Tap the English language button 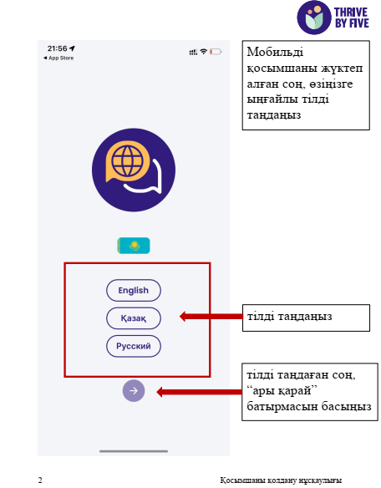point(134,290)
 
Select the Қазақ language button point(134,318)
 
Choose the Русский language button point(134,346)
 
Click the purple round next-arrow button point(134,390)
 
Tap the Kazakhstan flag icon point(134,246)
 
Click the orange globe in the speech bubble point(128,161)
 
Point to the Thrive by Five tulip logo point(314,18)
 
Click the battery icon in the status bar point(216,52)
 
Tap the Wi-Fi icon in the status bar point(204,52)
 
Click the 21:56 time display point(58,48)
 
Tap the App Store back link point(58,58)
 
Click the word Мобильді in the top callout point(275,52)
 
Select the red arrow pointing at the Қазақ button point(211,317)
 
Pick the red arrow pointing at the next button point(199,392)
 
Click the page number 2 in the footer point(40,480)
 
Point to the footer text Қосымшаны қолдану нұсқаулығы point(281,480)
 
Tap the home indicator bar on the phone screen point(134,451)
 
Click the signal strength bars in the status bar point(193,52)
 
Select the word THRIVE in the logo point(351,13)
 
